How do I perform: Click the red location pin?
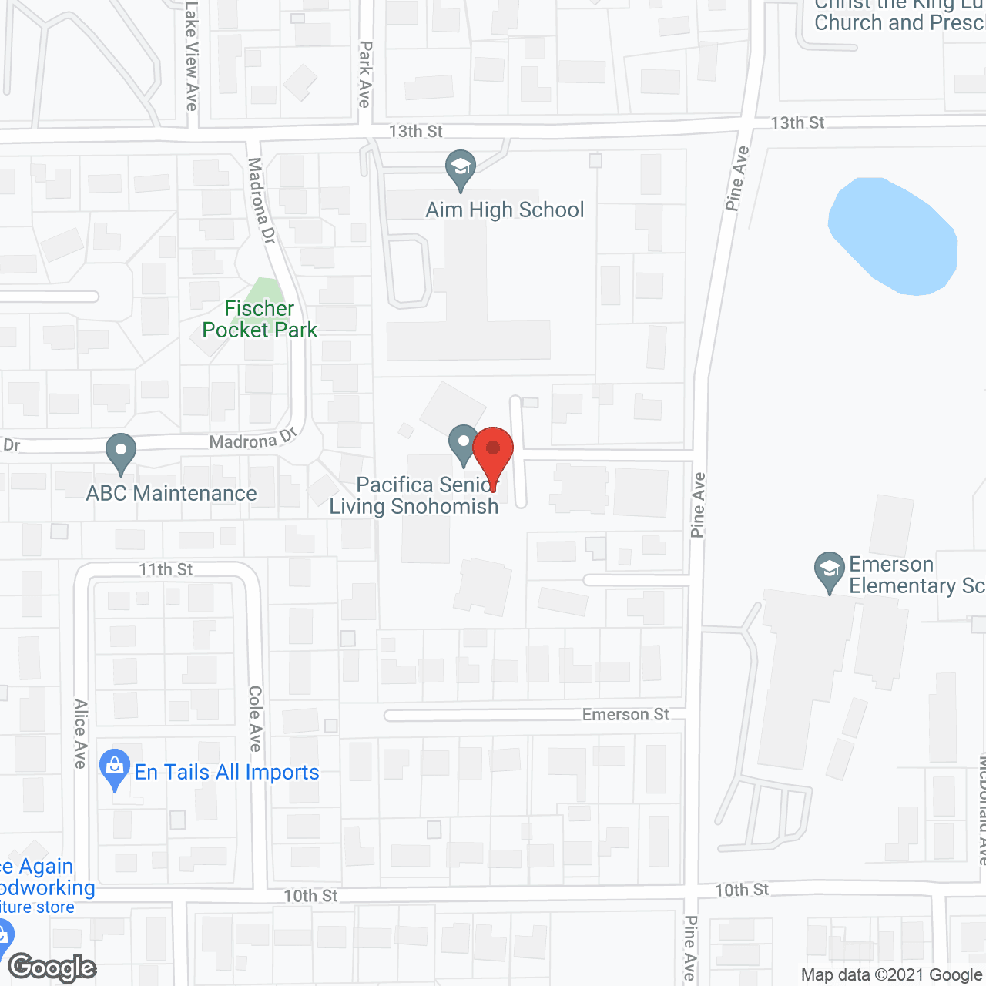[493, 454]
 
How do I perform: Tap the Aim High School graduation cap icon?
[461, 169]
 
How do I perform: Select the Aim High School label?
[505, 210]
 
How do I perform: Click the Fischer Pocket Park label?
[260, 319]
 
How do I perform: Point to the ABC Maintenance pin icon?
[120, 452]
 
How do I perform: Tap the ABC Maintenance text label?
[171, 493]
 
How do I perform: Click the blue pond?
[894, 236]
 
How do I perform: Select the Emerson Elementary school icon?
[830, 571]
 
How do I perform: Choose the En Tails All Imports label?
[226, 772]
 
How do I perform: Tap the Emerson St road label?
[625, 715]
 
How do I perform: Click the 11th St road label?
[166, 569]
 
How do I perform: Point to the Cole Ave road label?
[255, 718]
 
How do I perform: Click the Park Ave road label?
[365, 74]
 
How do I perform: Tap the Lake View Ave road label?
[191, 55]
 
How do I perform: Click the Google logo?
[52, 968]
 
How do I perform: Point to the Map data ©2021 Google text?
[891, 975]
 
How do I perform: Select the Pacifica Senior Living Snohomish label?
[414, 495]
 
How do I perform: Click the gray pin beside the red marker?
[463, 444]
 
